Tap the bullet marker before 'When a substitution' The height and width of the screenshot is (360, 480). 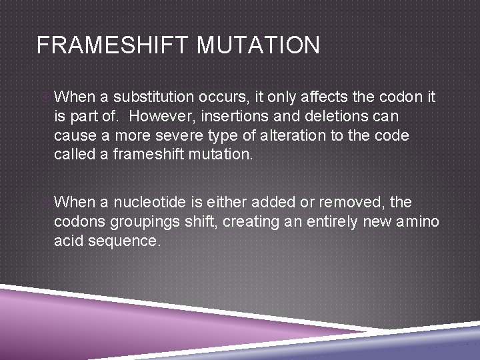[44, 97]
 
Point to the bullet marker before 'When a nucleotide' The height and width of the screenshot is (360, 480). [44, 202]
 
